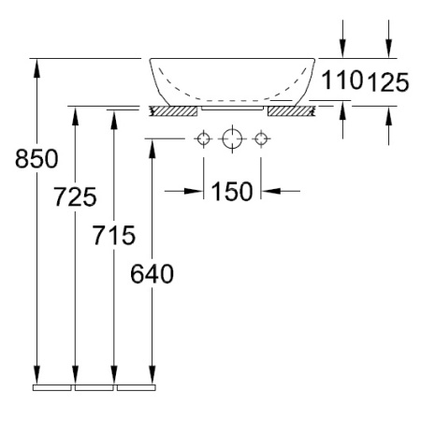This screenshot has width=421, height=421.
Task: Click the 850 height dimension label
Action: (36, 160)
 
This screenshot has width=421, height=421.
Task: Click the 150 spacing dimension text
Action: (232, 192)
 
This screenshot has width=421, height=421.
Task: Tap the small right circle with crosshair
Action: (261, 140)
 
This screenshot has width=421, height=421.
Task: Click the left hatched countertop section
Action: (174, 110)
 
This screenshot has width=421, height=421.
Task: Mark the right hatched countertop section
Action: (289, 110)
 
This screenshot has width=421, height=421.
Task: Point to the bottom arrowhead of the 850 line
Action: (36, 373)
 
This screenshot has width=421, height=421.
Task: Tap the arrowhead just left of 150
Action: (195, 192)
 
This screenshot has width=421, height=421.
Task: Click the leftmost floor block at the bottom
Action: (52, 385)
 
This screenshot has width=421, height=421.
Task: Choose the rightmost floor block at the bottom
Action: (136, 385)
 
